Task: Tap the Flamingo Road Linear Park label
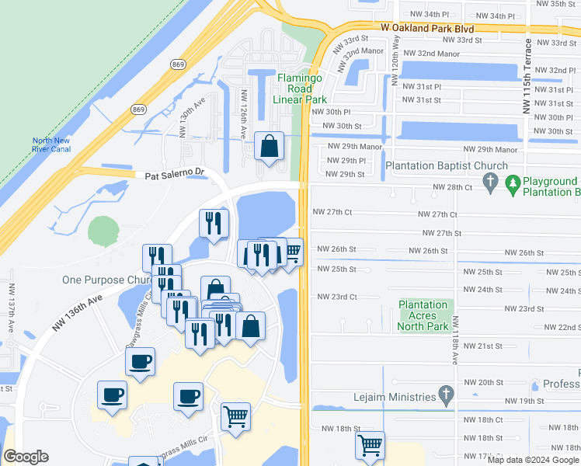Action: click(x=302, y=89)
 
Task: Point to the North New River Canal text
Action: click(x=51, y=145)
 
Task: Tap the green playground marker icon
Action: click(x=513, y=184)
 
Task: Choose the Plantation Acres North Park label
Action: click(x=424, y=315)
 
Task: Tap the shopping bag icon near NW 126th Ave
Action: click(x=269, y=146)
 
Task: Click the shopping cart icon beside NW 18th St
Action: click(x=371, y=446)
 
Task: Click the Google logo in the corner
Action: click(x=26, y=457)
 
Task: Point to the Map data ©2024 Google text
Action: click(x=533, y=460)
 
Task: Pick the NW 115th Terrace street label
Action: click(x=527, y=75)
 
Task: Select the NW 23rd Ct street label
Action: click(x=336, y=297)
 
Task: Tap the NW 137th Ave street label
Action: click(x=11, y=308)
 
